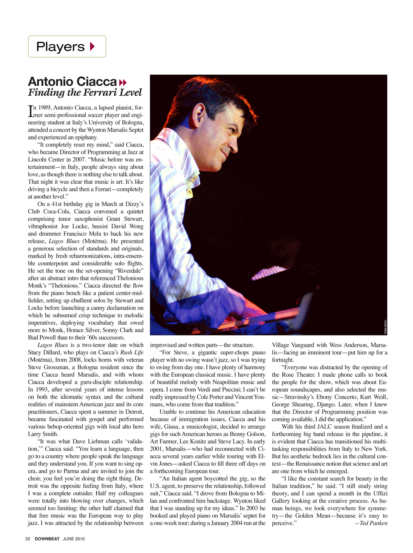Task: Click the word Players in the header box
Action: click(60, 47)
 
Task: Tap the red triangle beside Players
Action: click(92, 47)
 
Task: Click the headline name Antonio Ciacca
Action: click(72, 81)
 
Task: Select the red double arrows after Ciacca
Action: click(123, 83)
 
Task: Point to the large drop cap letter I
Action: click(31, 111)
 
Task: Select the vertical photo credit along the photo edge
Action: click(385, 327)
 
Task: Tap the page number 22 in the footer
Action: click(28, 539)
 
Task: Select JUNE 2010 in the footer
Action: click(74, 539)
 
